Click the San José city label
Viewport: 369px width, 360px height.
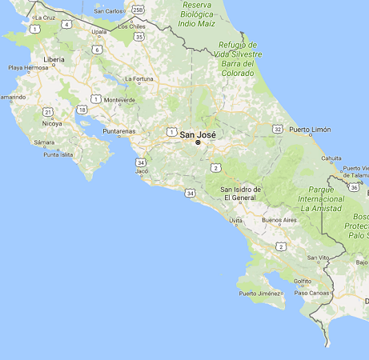click(198, 134)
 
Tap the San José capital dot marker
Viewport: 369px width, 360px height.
click(198, 144)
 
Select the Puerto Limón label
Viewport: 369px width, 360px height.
click(311, 129)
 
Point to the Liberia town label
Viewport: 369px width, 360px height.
click(54, 59)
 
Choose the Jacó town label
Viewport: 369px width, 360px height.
click(142, 171)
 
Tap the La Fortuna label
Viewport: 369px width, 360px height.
click(139, 78)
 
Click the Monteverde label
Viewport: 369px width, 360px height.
click(120, 100)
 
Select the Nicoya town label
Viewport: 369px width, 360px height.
click(53, 124)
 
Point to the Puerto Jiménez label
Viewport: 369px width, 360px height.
click(261, 294)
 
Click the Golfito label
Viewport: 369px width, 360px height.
click(303, 281)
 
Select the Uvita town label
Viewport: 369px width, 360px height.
click(236, 220)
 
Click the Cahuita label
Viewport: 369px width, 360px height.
click(331, 158)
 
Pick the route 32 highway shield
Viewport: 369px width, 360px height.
click(277, 128)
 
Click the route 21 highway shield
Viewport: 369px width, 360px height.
click(49, 111)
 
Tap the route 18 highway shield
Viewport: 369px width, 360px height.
click(82, 109)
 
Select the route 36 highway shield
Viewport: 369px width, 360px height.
click(353, 186)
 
